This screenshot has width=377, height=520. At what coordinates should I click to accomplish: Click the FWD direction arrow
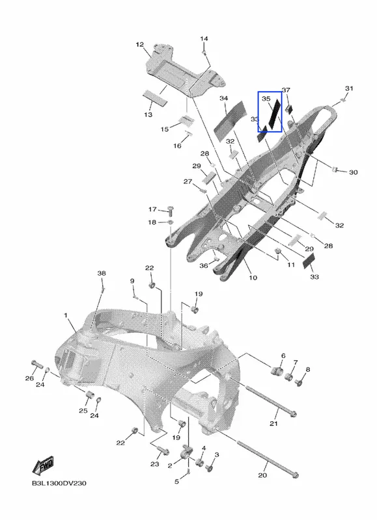pos(43,466)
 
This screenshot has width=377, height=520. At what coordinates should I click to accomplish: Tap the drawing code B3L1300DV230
pos(59,483)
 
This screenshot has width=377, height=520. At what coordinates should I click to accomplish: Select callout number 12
pos(139,44)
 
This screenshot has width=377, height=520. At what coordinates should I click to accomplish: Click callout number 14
pos(204,39)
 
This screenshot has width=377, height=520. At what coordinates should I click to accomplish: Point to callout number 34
pos(224,98)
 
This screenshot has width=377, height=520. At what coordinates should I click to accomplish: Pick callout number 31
pos(349,88)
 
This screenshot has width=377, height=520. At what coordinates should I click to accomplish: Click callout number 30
pos(353,172)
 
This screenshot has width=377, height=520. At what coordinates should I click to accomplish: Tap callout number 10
pos(253,278)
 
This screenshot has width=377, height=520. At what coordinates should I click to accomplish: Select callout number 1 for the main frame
pos(66,315)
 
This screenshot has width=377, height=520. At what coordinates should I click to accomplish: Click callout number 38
pos(102,273)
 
